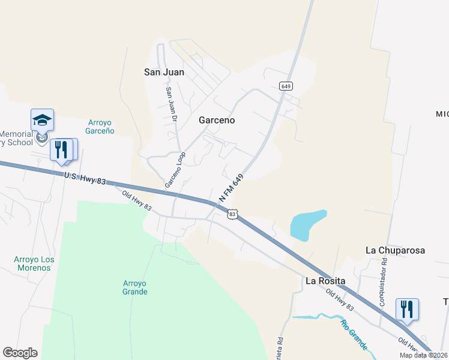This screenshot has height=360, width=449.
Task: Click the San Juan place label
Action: [x=164, y=72]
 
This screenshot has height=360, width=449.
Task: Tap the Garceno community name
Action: [x=217, y=120]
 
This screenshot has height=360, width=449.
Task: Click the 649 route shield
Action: [x=286, y=86]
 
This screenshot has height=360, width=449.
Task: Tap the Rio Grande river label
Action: [x=354, y=335]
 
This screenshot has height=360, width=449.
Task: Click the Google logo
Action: [x=20, y=353]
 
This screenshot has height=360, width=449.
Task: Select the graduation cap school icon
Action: [x=43, y=119]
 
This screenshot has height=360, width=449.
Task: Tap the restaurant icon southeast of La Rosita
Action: [x=407, y=309]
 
